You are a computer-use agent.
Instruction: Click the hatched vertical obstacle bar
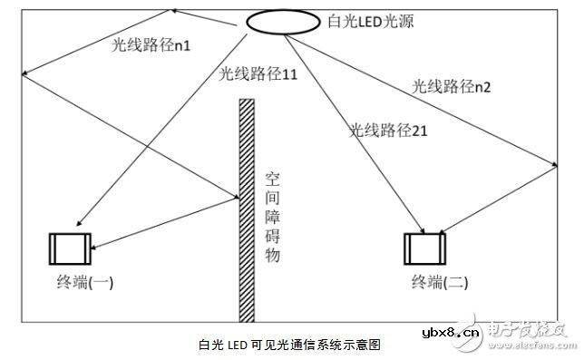point(245,209)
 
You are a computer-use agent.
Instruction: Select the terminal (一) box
point(70,247)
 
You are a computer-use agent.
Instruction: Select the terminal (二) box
point(423,247)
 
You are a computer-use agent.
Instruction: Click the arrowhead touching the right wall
point(553,163)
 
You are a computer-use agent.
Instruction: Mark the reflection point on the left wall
point(24,73)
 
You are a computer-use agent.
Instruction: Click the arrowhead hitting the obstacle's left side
point(235,196)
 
